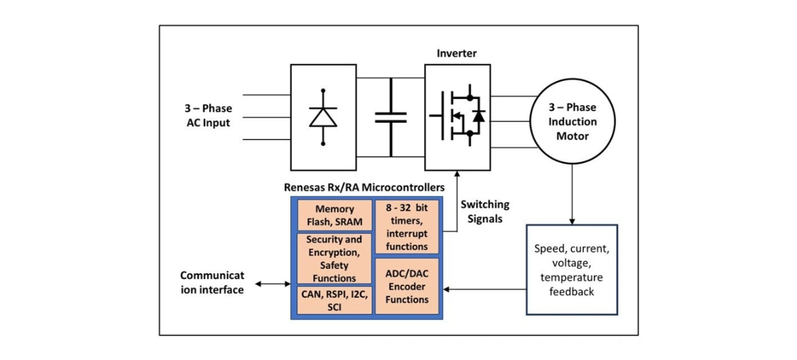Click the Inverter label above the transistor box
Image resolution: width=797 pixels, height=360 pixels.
(456, 54)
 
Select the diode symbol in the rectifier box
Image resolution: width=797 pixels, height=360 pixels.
(323, 117)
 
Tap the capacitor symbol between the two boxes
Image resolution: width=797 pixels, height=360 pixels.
(391, 117)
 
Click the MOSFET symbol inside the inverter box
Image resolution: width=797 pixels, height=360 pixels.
(457, 116)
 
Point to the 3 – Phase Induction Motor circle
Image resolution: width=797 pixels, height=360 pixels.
(572, 121)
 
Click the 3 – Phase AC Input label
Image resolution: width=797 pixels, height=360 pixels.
(209, 116)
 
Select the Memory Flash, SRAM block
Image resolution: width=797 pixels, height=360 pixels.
(334, 216)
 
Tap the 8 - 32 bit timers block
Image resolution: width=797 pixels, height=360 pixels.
(407, 226)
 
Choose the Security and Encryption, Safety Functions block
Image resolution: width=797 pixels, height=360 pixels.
(334, 258)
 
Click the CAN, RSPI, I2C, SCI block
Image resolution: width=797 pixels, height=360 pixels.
(334, 300)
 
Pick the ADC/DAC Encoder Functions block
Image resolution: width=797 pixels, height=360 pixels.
(407, 287)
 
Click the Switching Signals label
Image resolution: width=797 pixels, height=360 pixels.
(484, 212)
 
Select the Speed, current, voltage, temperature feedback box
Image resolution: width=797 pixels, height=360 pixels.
(572, 270)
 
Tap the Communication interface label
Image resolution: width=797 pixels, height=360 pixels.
(212, 282)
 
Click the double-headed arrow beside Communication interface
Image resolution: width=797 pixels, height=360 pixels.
(272, 284)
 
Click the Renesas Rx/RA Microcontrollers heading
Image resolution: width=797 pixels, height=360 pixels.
(364, 187)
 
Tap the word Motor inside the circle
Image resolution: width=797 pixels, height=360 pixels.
(572, 136)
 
